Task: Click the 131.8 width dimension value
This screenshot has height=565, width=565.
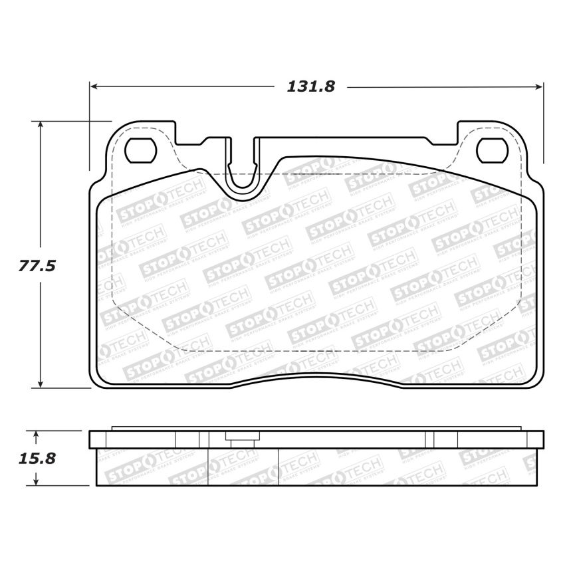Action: (310, 86)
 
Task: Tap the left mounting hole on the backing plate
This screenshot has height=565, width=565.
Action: (141, 151)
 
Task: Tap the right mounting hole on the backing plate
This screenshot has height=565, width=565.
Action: (493, 151)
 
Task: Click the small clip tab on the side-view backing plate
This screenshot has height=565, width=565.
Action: (241, 437)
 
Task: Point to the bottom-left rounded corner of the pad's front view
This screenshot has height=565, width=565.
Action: (98, 379)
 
